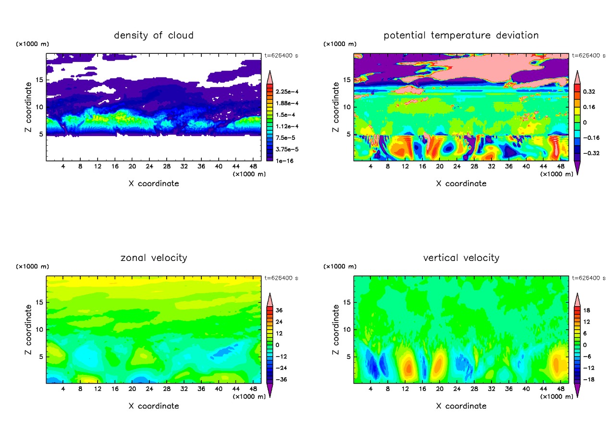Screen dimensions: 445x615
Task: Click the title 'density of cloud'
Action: point(154,36)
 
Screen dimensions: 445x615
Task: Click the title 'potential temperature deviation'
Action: point(461,36)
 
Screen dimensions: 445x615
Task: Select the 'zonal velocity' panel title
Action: point(154,258)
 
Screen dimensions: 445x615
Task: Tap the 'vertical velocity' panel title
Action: point(461,258)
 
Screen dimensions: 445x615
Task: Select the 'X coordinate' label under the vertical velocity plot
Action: point(461,406)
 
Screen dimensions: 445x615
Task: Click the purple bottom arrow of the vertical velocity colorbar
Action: point(577,393)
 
